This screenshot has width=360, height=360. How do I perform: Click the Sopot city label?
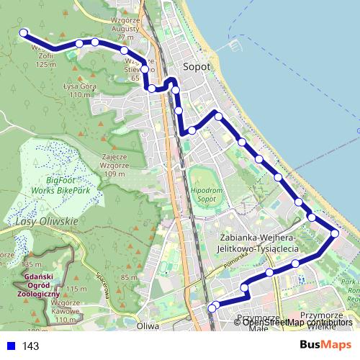(x=197, y=66)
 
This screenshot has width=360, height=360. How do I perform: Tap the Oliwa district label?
(x=148, y=325)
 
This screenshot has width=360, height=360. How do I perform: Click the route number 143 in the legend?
(x=30, y=346)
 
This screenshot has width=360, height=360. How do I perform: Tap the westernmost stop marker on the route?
(x=24, y=32)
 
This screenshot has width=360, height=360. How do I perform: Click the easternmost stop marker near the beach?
(x=335, y=233)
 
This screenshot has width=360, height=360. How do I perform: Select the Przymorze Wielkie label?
(x=321, y=320)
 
